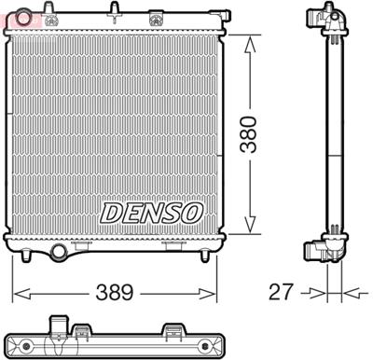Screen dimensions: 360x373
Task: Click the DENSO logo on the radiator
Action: pyautogui.click(x=151, y=213)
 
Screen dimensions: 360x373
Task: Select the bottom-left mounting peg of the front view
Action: pyautogui.click(x=27, y=254)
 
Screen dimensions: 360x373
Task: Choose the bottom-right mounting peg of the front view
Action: pyautogui.click(x=205, y=254)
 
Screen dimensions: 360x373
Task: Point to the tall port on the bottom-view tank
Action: pyautogui.click(x=61, y=329)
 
